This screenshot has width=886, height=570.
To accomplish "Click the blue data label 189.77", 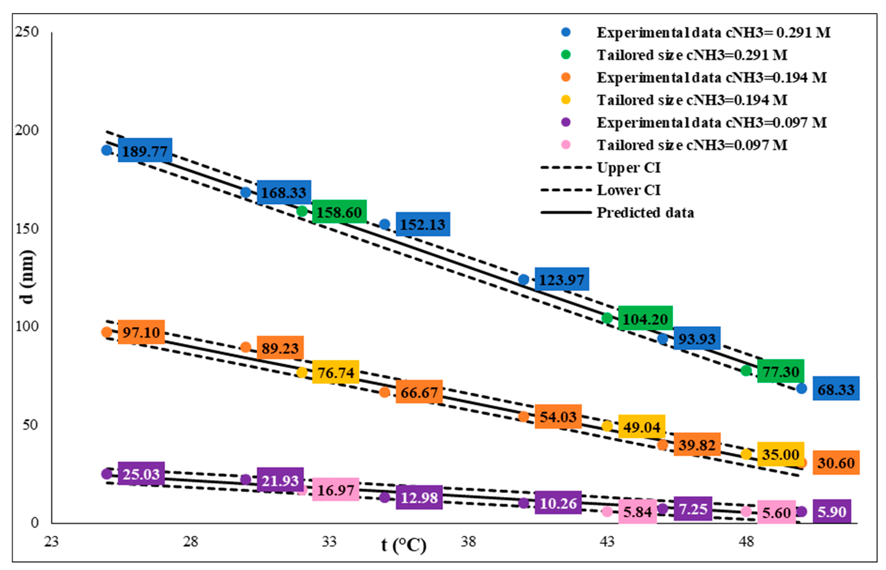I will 145,150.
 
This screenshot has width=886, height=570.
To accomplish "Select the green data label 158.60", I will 339,212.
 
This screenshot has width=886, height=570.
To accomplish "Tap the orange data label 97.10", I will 141,332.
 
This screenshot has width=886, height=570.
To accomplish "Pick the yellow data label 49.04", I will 642,426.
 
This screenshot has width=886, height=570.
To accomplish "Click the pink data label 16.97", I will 335,490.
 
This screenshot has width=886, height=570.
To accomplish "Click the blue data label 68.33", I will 836,389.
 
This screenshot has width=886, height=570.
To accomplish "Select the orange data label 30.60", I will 836,462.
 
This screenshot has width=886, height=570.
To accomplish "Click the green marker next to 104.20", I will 607,318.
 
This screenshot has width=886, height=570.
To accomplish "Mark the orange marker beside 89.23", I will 245,347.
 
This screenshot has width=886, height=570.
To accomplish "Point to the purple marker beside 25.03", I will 107,474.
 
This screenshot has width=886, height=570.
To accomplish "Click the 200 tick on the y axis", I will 27,130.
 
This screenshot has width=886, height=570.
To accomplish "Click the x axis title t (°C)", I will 403,545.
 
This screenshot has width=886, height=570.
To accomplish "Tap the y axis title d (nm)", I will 28,277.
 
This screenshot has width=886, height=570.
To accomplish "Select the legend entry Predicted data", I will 645,213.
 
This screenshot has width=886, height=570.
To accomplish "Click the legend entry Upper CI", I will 628,168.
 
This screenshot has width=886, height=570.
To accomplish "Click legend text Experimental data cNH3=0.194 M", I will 711,77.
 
